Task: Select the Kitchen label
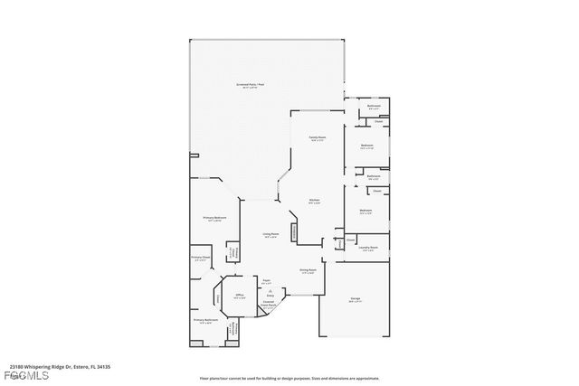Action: [x=314, y=201]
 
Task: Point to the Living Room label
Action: [x=271, y=235]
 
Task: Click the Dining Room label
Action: [x=308, y=271]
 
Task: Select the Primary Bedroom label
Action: [x=214, y=219]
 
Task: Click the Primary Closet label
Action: [x=200, y=259]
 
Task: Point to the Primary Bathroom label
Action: [x=205, y=321]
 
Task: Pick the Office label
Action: [x=241, y=296]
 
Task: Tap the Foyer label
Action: [x=267, y=283]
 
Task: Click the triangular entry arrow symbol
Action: [x=270, y=290]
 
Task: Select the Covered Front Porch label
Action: [x=269, y=306]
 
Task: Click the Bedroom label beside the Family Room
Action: [x=367, y=146]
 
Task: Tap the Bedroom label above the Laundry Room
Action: [x=365, y=212]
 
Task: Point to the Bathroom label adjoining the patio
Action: [x=374, y=107]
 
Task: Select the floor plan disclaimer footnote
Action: [x=289, y=377]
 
